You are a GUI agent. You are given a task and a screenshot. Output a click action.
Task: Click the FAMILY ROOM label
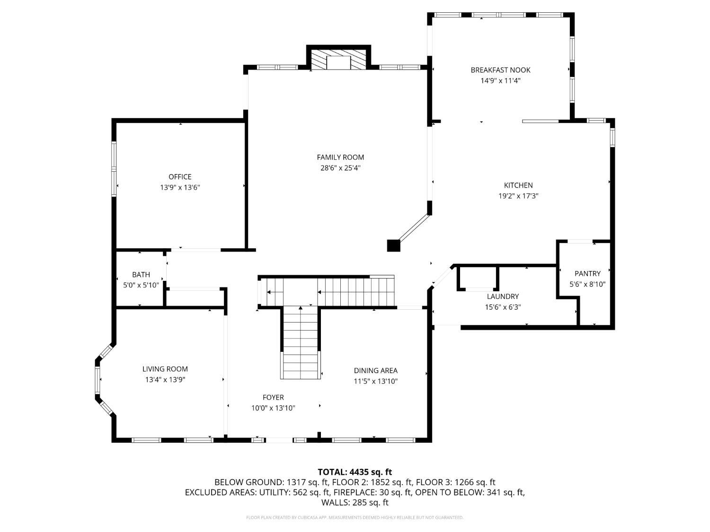tap(340, 157)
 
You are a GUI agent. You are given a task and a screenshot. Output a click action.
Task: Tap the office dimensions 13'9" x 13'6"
tap(180, 187)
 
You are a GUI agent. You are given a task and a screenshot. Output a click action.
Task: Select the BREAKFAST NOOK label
tap(500, 70)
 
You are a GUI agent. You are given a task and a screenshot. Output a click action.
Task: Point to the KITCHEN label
tap(518, 185)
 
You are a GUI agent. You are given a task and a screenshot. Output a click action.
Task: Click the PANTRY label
tap(587, 273)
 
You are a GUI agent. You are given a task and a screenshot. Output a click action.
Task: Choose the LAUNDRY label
tap(503, 297)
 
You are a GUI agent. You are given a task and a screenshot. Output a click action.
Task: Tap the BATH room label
tap(141, 274)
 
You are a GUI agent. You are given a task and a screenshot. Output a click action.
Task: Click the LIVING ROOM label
tap(165, 369)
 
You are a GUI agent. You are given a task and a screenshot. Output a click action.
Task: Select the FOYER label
tap(273, 397)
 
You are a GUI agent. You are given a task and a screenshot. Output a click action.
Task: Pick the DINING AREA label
tap(375, 371)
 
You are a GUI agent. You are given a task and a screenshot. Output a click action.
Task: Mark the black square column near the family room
tap(393, 245)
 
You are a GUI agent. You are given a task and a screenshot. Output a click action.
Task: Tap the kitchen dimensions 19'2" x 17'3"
tap(518, 196)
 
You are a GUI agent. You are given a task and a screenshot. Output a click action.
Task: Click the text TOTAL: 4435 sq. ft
tap(355, 471)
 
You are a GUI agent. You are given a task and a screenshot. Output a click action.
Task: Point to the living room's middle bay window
tap(98, 381)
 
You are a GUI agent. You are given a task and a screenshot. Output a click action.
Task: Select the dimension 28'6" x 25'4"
tap(340, 167)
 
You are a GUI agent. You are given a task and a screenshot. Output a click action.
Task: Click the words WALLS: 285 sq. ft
tap(355, 502)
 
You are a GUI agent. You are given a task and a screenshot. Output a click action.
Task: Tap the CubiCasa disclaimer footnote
tap(355, 517)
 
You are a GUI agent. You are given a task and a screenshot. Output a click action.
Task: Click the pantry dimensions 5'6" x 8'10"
tap(587, 284)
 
